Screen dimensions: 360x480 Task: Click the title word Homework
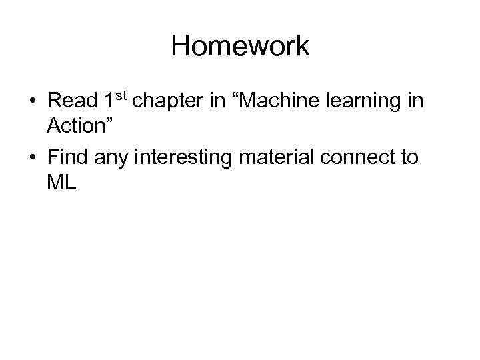(240, 47)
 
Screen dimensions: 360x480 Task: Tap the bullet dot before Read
(33, 102)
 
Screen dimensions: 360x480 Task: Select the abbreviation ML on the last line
(62, 182)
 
